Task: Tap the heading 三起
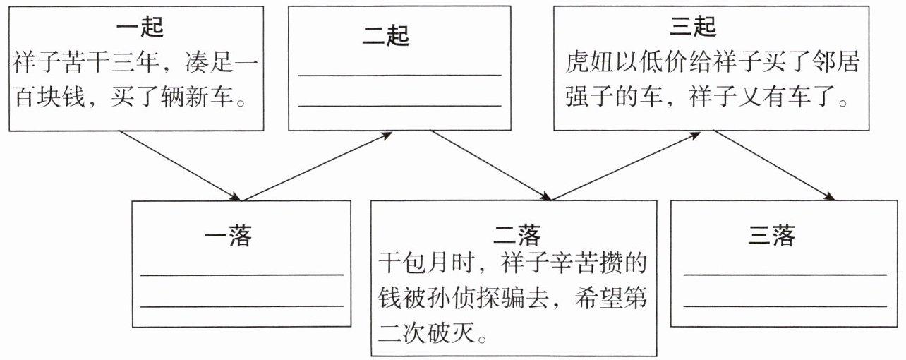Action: (x=693, y=28)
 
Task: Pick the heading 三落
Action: (x=771, y=236)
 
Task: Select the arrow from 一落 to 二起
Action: (x=316, y=164)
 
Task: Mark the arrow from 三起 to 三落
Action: (x=773, y=164)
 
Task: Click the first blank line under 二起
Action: (x=399, y=74)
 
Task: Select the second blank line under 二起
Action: (x=399, y=105)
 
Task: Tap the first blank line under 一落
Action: (x=242, y=275)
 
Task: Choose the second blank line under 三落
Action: (x=785, y=306)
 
